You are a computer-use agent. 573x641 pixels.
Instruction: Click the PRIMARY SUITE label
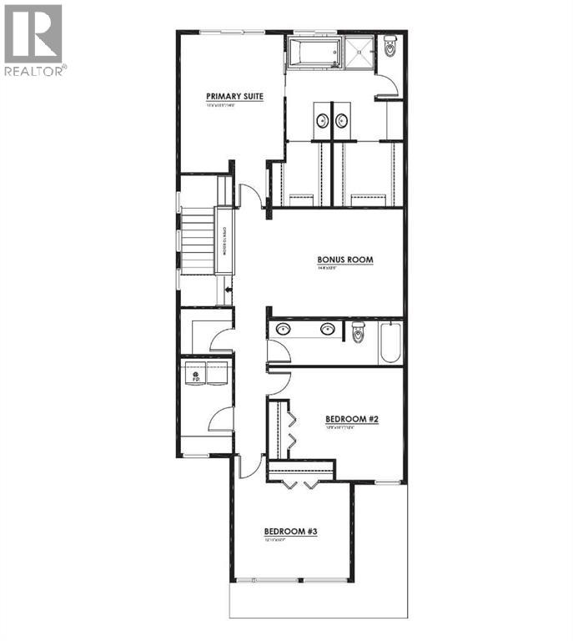tap(235, 97)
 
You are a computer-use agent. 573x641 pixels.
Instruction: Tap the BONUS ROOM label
tap(344, 260)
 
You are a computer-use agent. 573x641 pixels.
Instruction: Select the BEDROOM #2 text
tap(352, 419)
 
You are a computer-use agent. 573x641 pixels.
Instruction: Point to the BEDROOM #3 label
tap(291, 531)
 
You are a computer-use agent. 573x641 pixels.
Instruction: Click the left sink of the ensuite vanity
tap(321, 120)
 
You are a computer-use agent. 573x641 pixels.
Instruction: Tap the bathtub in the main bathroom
tap(390, 342)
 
